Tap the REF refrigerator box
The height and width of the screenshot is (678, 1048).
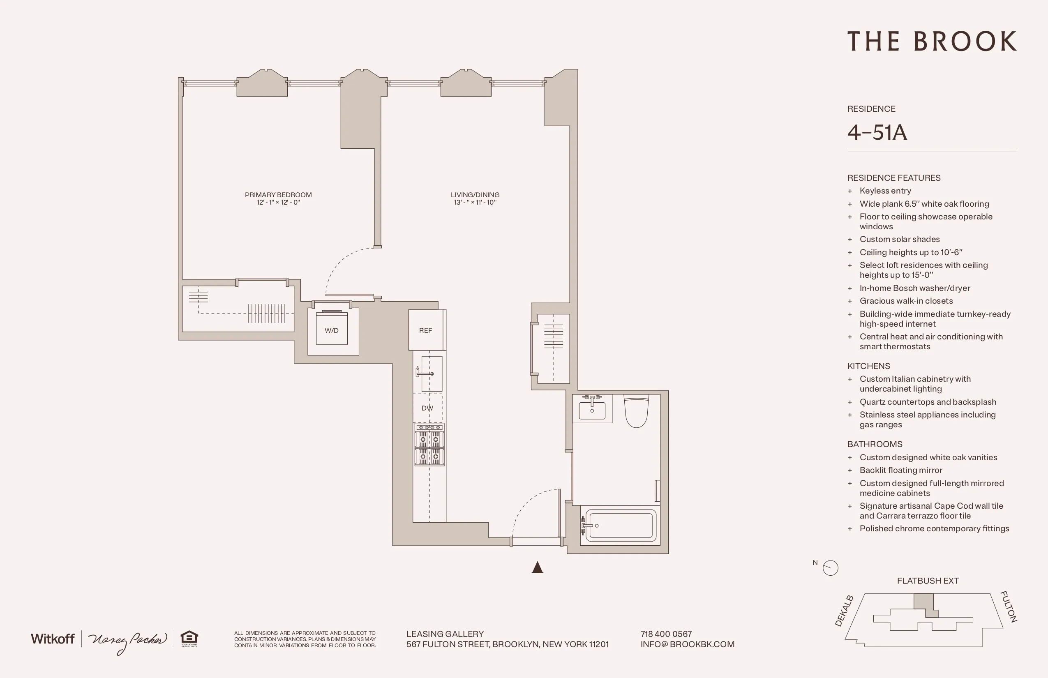(x=426, y=330)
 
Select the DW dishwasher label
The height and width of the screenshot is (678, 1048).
(x=427, y=408)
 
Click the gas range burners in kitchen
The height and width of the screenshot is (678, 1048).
(x=429, y=445)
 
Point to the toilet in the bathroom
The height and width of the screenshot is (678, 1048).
(x=636, y=411)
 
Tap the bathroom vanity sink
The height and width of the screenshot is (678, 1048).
(x=592, y=409)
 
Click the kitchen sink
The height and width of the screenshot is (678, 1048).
(x=431, y=374)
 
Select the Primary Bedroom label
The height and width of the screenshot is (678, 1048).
(x=278, y=195)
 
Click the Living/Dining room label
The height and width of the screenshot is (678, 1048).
(x=475, y=195)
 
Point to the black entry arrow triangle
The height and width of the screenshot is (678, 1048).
(x=537, y=567)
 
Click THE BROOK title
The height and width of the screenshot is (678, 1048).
(x=932, y=42)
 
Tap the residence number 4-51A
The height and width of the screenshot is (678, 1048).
(x=877, y=132)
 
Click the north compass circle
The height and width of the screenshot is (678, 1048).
(x=831, y=567)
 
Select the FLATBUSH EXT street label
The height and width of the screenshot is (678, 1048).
(x=927, y=581)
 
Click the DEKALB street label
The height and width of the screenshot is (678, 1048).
(x=844, y=611)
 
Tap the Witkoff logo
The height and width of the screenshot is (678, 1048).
(x=53, y=639)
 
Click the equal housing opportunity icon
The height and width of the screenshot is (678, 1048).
(x=189, y=639)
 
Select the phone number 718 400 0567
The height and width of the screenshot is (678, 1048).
(x=666, y=634)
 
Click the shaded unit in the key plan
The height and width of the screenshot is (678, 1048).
(x=924, y=602)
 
